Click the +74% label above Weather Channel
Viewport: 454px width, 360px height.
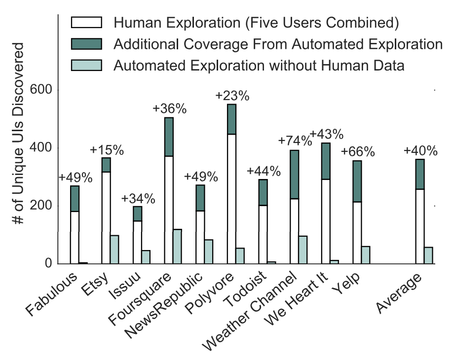pos(295,141)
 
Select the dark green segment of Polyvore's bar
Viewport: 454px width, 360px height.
pos(231,119)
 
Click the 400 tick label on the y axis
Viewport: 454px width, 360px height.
pos(41,148)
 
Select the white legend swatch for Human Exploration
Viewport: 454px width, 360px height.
pos(86,22)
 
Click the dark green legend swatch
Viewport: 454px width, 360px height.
pos(86,44)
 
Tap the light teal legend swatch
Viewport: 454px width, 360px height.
pos(86,65)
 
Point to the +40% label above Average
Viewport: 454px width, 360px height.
pos(420,151)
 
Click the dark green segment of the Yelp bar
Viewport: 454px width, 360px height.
pos(357,181)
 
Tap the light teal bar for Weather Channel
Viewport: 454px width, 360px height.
pos(303,250)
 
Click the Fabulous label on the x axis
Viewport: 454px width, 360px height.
pos(58,290)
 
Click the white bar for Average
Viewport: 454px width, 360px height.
pos(420,226)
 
